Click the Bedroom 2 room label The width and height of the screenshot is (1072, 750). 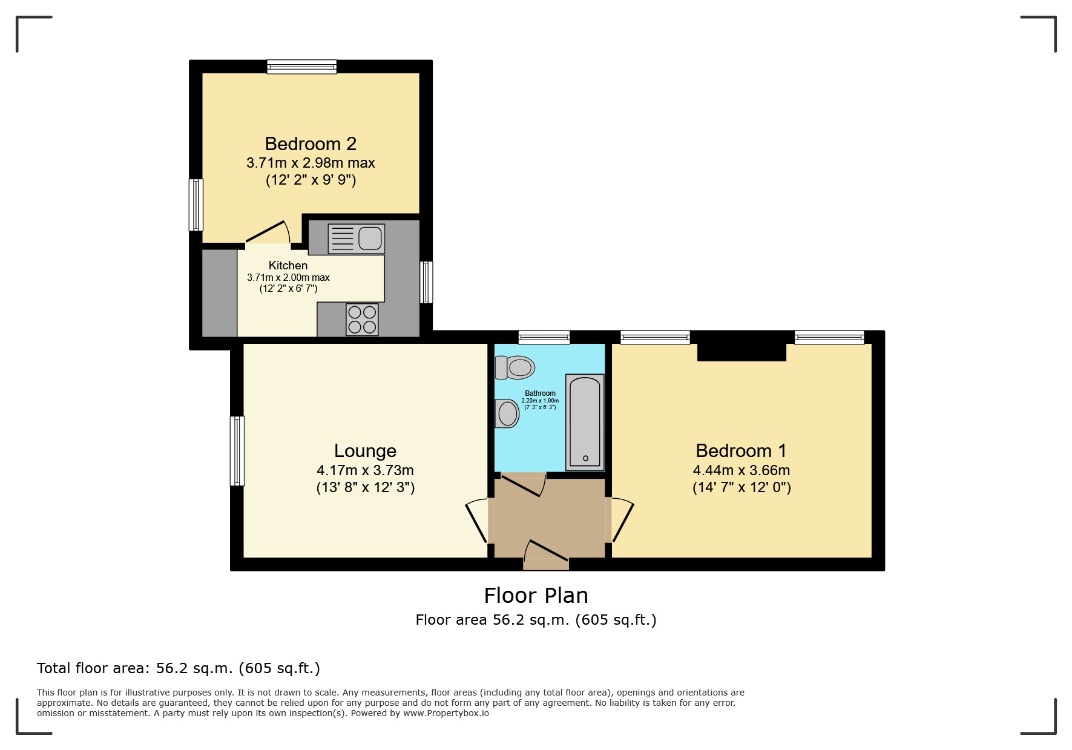coord(311,143)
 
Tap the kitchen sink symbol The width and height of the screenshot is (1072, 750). coord(356,238)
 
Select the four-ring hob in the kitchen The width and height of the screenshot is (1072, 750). coord(362,320)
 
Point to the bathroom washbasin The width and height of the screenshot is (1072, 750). coord(507,414)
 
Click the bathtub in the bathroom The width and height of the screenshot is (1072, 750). coord(585,422)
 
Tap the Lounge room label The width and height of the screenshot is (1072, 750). coord(365,450)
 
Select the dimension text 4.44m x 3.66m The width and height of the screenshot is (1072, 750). coord(741,470)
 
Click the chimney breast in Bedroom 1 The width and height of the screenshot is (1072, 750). coord(742,352)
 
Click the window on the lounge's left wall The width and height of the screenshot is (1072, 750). coord(237,450)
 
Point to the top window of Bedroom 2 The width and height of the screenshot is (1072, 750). coord(301,67)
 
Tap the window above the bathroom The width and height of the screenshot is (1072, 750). coord(544,337)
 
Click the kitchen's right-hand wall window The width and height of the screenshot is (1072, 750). coord(426,282)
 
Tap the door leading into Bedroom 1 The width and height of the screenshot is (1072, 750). coord(622,520)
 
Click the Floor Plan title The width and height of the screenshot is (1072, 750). coord(536,596)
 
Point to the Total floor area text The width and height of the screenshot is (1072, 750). coord(178,668)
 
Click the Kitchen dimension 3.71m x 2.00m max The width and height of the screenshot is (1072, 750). coord(288,277)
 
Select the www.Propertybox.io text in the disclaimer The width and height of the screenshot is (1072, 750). coord(446,713)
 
